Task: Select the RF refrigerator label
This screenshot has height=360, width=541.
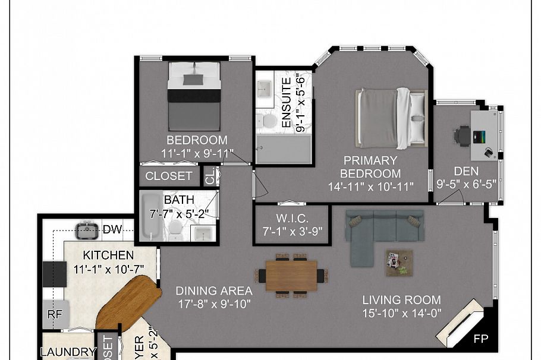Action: [x=55, y=315]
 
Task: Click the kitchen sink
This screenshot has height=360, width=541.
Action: [x=87, y=228]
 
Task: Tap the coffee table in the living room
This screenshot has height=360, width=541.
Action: [x=398, y=262]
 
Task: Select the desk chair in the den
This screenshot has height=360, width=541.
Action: [x=463, y=135]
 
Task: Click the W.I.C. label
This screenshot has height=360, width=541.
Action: [x=292, y=218]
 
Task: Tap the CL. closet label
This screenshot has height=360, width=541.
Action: [x=210, y=176]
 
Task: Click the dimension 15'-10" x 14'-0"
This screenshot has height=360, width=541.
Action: [x=402, y=314]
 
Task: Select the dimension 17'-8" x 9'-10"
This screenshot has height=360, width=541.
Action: [x=214, y=304]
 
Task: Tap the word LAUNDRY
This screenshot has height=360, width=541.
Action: [x=68, y=352]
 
